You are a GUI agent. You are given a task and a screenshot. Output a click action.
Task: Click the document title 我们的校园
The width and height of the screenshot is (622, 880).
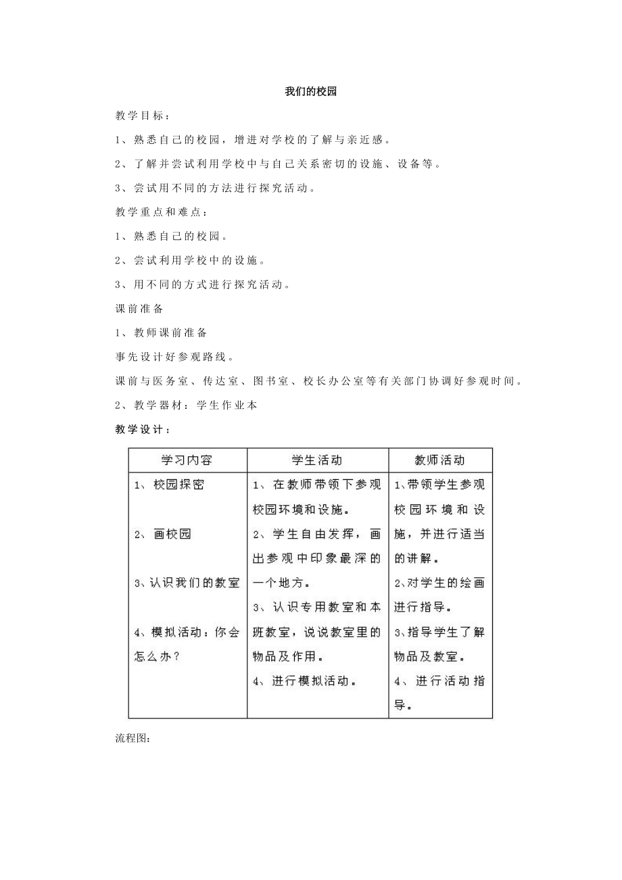pyautogui.click(x=310, y=93)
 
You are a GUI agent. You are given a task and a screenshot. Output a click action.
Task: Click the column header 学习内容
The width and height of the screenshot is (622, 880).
pyautogui.click(x=187, y=460)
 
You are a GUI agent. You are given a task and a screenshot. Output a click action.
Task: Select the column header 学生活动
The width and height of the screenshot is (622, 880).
pyautogui.click(x=317, y=460)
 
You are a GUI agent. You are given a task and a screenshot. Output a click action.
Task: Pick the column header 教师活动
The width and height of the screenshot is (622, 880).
pyautogui.click(x=439, y=460)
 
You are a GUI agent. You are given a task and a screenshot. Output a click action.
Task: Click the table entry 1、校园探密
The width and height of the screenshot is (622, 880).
pyautogui.click(x=169, y=485)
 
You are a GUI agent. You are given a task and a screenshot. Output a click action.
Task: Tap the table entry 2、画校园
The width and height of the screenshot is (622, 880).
pyautogui.click(x=163, y=534)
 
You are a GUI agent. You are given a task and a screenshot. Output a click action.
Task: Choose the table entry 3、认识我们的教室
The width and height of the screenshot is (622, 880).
pyautogui.click(x=187, y=583)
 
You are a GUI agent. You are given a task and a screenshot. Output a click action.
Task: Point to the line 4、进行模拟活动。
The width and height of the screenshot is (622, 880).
pyautogui.click(x=305, y=681)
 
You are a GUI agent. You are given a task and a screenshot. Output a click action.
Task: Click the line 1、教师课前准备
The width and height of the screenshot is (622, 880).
pyautogui.click(x=162, y=333)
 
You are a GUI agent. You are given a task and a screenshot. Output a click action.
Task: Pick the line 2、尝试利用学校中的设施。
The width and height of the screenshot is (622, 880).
pyautogui.click(x=191, y=260)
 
